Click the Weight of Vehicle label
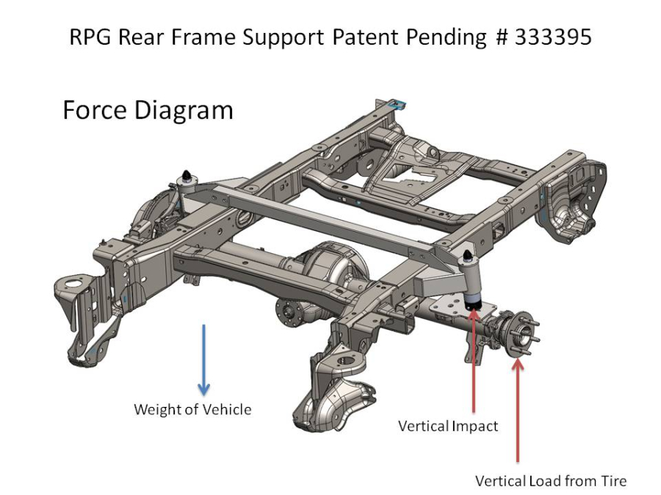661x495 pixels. (192, 409)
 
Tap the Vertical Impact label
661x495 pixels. (448, 426)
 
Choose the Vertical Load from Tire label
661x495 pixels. (551, 481)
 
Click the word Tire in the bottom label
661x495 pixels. (612, 481)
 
